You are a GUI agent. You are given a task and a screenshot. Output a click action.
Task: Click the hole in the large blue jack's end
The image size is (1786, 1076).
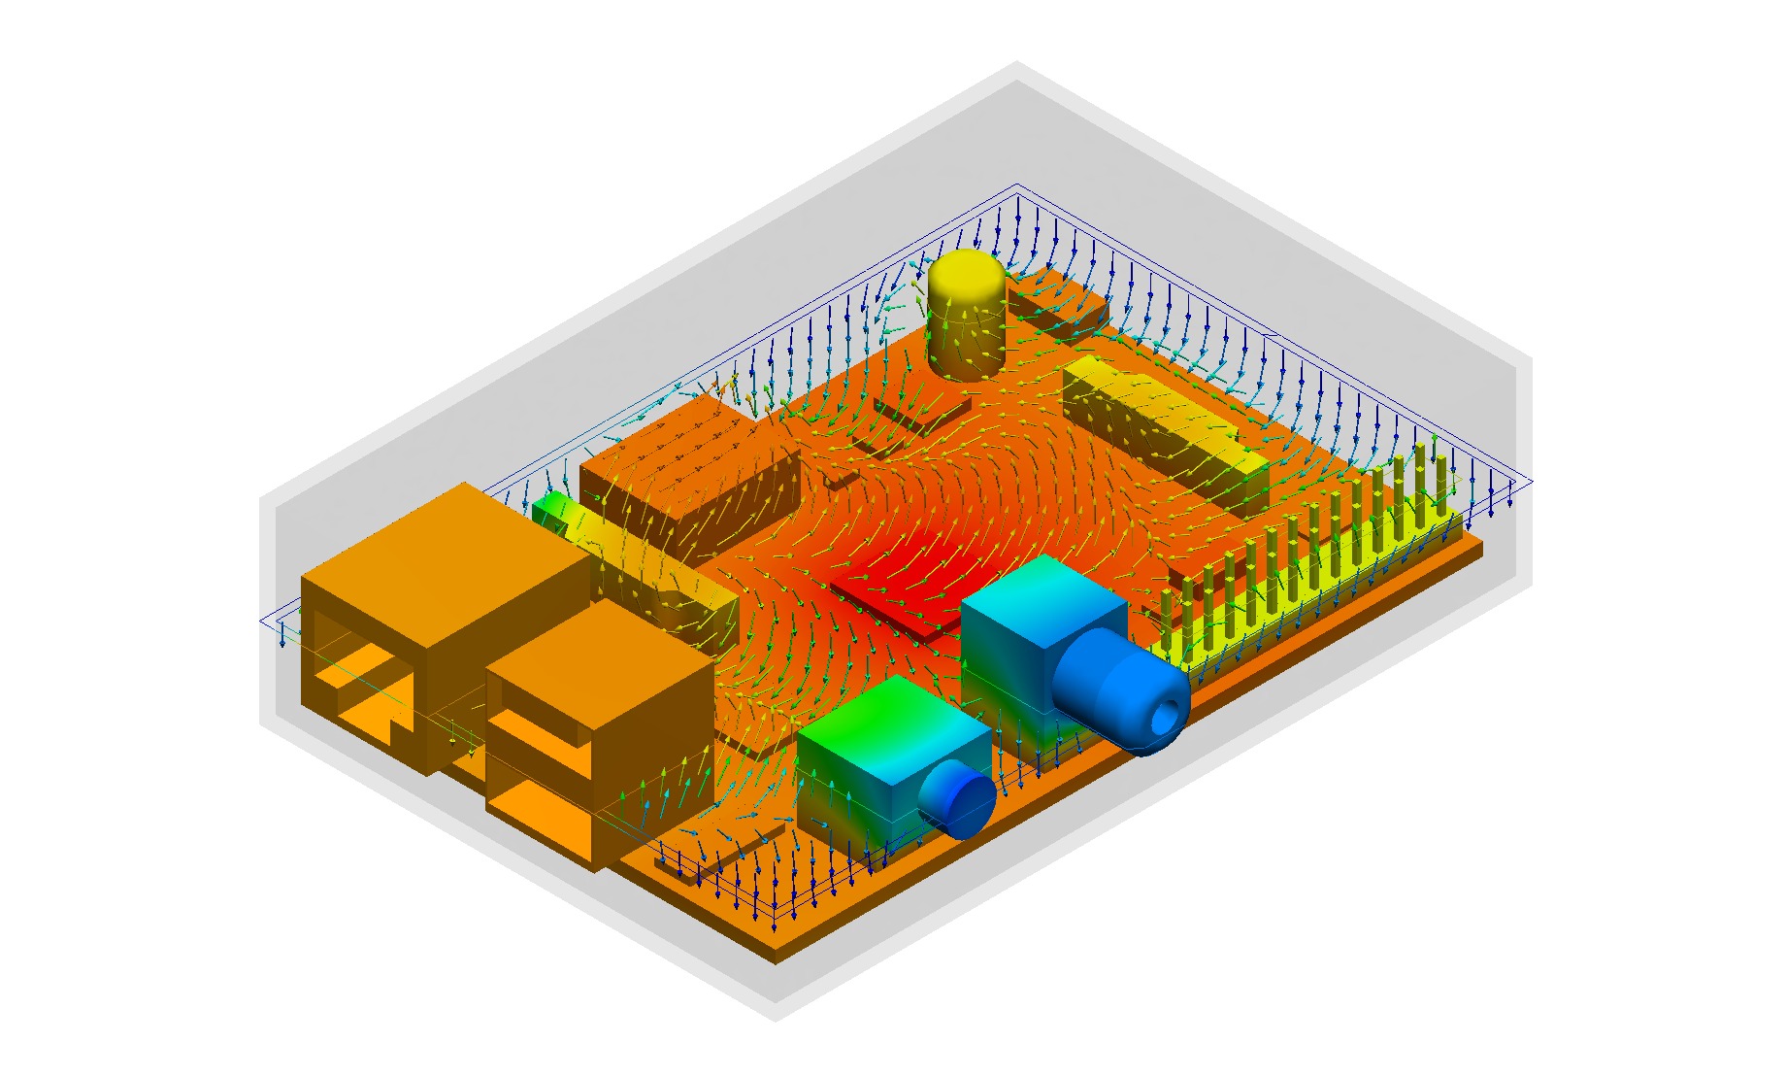point(1165,717)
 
